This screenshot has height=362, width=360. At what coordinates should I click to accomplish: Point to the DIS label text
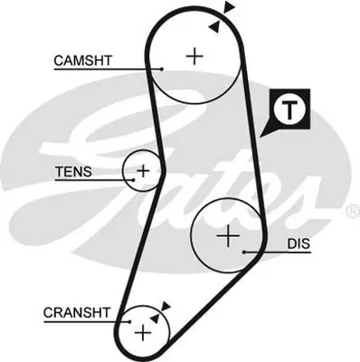pos(298,244)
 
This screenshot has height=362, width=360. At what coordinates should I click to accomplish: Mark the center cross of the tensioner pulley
pos(143,169)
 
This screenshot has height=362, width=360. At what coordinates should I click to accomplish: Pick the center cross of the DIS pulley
pos(227,237)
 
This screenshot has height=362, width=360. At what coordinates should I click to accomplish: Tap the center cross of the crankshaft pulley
pos(142,332)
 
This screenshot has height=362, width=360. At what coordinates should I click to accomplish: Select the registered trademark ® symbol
pos(352,210)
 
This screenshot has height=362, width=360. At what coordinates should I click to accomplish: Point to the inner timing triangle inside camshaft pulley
pos(213,27)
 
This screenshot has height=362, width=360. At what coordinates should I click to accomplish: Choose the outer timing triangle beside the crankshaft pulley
pos(166,307)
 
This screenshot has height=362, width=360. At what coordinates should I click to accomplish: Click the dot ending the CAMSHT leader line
pos(160,69)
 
